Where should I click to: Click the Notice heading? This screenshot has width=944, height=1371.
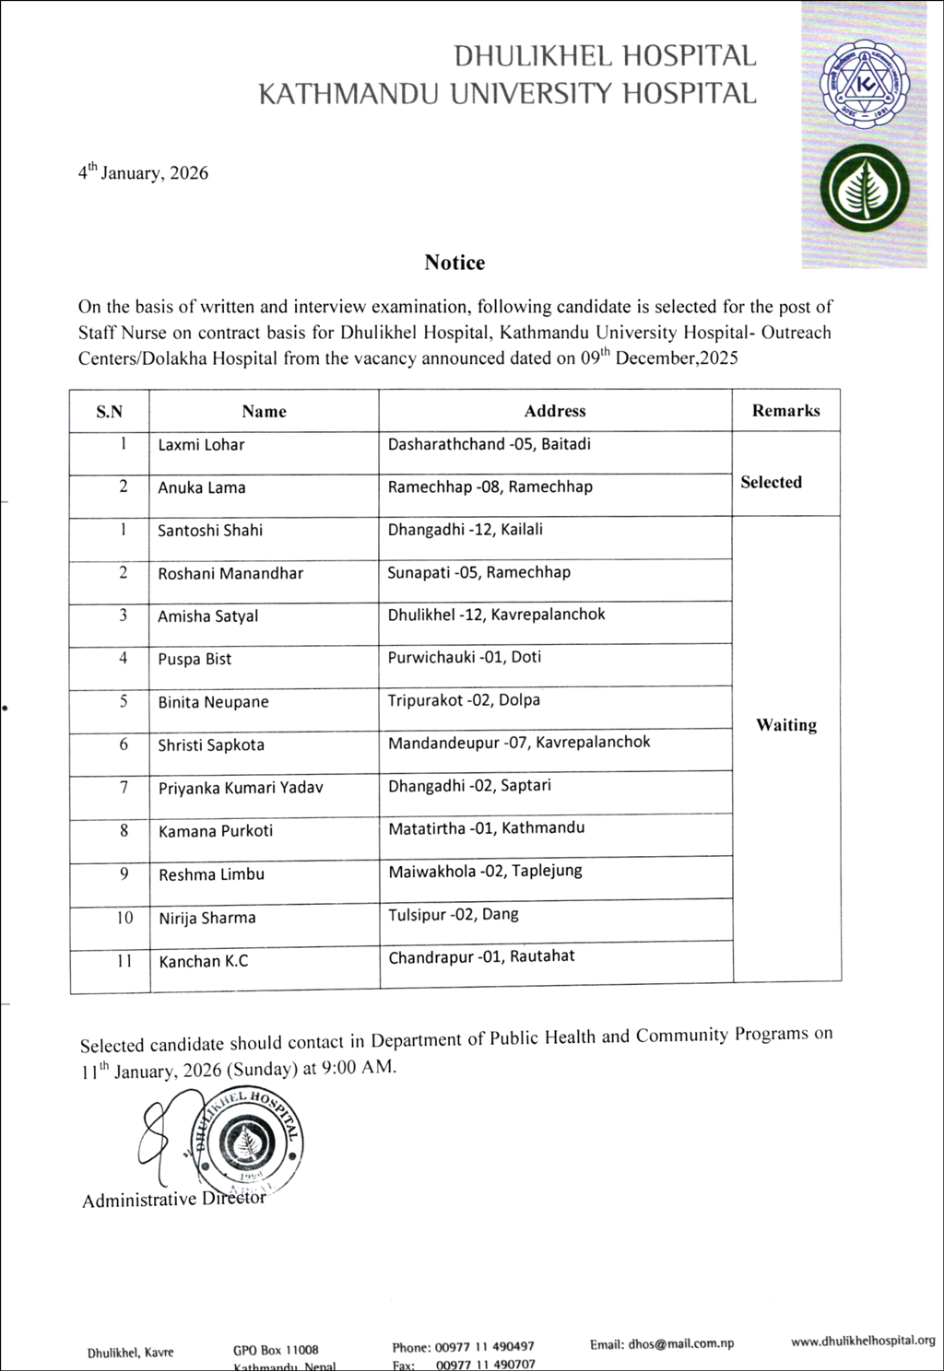click(454, 263)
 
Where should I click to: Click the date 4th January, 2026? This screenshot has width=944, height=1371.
click(143, 172)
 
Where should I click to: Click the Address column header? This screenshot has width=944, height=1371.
click(555, 411)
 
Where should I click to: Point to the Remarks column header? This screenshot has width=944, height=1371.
click(785, 411)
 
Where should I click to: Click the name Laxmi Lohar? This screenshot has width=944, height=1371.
click(201, 445)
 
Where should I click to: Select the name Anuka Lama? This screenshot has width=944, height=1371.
click(201, 487)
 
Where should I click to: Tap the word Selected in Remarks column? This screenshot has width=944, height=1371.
click(771, 482)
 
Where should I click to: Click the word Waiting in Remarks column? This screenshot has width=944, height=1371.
click(786, 725)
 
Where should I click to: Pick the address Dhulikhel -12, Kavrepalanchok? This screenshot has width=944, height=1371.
click(496, 615)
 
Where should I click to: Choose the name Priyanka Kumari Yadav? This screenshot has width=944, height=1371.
click(241, 788)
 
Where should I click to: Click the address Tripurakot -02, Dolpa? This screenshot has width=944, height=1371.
click(464, 700)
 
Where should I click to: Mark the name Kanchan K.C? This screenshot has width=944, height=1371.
click(203, 961)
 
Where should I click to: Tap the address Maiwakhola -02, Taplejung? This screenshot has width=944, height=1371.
click(485, 871)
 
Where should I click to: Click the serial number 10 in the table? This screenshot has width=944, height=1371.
click(124, 918)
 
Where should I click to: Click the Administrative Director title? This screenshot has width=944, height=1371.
click(173, 1200)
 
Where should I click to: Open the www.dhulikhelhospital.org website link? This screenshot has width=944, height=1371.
click(863, 1342)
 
